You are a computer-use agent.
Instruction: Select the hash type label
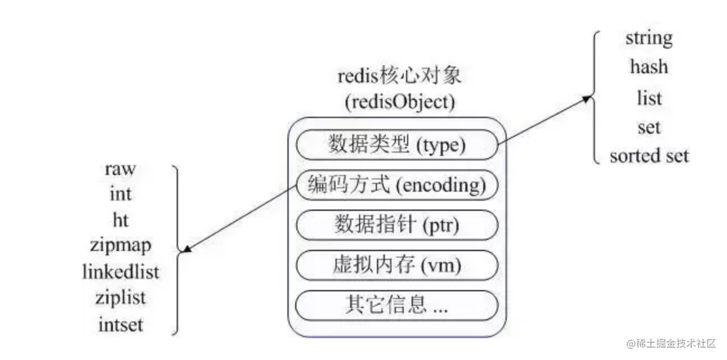point(649,67)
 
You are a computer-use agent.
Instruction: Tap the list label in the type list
point(649,98)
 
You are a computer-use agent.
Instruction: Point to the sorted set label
point(649,155)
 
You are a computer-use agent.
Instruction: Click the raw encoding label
point(120,169)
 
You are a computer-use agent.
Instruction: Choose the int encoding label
point(121,193)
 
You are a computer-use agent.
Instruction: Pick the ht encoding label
point(121,220)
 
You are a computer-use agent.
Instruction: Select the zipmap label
point(121,246)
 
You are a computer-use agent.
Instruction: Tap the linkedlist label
point(121,272)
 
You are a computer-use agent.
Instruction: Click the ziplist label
point(121,299)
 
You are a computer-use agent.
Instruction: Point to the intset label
point(121,324)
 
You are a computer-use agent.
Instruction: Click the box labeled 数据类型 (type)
point(397,145)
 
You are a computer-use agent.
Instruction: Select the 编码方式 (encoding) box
point(397,185)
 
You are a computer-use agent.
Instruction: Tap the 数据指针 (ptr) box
point(397,225)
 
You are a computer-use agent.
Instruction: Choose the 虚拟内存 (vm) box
point(397,266)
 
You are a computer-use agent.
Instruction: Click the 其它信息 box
point(397,306)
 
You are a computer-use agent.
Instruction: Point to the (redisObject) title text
point(400,102)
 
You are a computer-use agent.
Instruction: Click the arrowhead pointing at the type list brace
point(587,98)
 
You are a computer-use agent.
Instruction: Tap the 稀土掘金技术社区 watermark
point(671,344)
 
